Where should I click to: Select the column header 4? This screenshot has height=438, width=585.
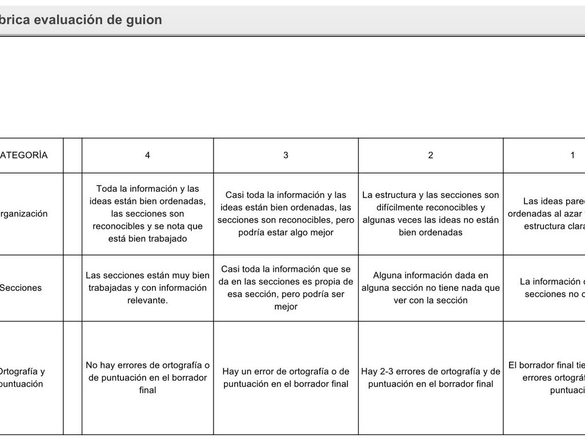pyautogui.click(x=147, y=155)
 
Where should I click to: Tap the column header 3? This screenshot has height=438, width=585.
pyautogui.click(x=286, y=155)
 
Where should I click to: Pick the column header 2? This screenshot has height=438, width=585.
pyautogui.click(x=431, y=155)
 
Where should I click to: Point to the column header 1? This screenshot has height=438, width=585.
pyautogui.click(x=572, y=155)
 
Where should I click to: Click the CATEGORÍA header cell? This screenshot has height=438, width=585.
pyautogui.click(x=24, y=155)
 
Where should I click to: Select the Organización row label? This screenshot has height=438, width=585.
pyautogui.click(x=24, y=214)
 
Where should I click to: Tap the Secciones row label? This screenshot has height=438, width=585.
pyautogui.click(x=21, y=288)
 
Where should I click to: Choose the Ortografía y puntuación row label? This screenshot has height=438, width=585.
pyautogui.click(x=22, y=378)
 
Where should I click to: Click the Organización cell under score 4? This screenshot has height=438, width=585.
pyautogui.click(x=147, y=214)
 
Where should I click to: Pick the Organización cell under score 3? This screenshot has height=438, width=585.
pyautogui.click(x=286, y=214)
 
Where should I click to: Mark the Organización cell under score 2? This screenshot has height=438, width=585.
pyautogui.click(x=431, y=214)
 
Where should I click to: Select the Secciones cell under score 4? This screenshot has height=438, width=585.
pyautogui.click(x=147, y=288)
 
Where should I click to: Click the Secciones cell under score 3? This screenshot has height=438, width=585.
pyautogui.click(x=286, y=288)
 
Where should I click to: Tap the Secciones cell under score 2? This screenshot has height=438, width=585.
pyautogui.click(x=431, y=288)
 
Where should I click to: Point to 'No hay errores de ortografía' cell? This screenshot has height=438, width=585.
pyautogui.click(x=147, y=378)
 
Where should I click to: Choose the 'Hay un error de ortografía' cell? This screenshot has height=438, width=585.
pyautogui.click(x=286, y=378)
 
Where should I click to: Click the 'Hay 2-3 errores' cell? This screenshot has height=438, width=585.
pyautogui.click(x=431, y=378)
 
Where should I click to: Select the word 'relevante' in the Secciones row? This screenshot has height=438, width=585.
pyautogui.click(x=147, y=301)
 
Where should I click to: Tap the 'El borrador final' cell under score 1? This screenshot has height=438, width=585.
pyautogui.click(x=546, y=378)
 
